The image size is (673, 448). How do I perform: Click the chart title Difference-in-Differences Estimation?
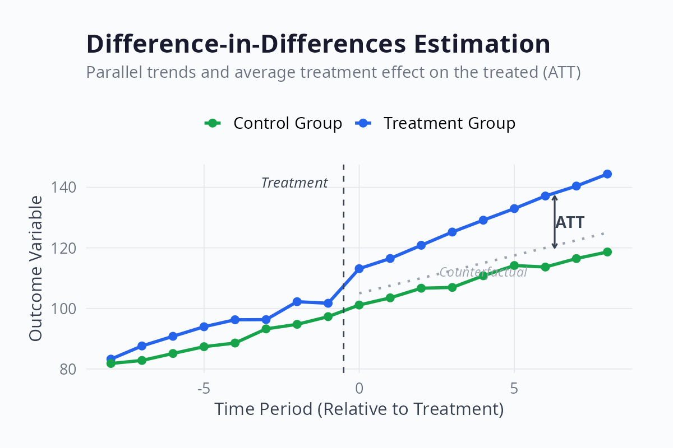pyautogui.click(x=318, y=44)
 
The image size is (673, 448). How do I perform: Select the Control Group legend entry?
pyautogui.click(x=274, y=123)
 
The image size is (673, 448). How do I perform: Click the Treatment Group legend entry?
pyautogui.click(x=436, y=123)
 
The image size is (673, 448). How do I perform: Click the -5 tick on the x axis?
pyautogui.click(x=204, y=388)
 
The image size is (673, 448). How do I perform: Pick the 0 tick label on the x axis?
pyautogui.click(x=359, y=388)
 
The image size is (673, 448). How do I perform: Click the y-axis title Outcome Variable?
pyautogui.click(x=35, y=268)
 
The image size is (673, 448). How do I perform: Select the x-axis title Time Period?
pyautogui.click(x=359, y=409)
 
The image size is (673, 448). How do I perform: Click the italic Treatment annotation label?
pyautogui.click(x=294, y=183)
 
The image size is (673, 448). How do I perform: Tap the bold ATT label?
pyautogui.click(x=570, y=222)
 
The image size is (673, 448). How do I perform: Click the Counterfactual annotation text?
pyautogui.click(x=483, y=273)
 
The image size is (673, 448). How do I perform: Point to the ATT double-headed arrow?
pyautogui.click(x=555, y=222)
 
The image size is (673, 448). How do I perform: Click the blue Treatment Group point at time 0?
pyautogui.click(x=359, y=269)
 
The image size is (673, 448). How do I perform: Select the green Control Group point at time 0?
pyautogui.click(x=359, y=305)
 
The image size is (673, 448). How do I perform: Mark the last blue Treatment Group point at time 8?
pyautogui.click(x=607, y=174)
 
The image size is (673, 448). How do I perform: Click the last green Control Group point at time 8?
pyautogui.click(x=607, y=252)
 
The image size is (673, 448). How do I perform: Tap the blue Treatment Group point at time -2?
pyautogui.click(x=297, y=302)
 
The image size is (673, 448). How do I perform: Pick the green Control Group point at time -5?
pyautogui.click(x=204, y=347)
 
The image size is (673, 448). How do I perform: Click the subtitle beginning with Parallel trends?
pyautogui.click(x=333, y=72)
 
